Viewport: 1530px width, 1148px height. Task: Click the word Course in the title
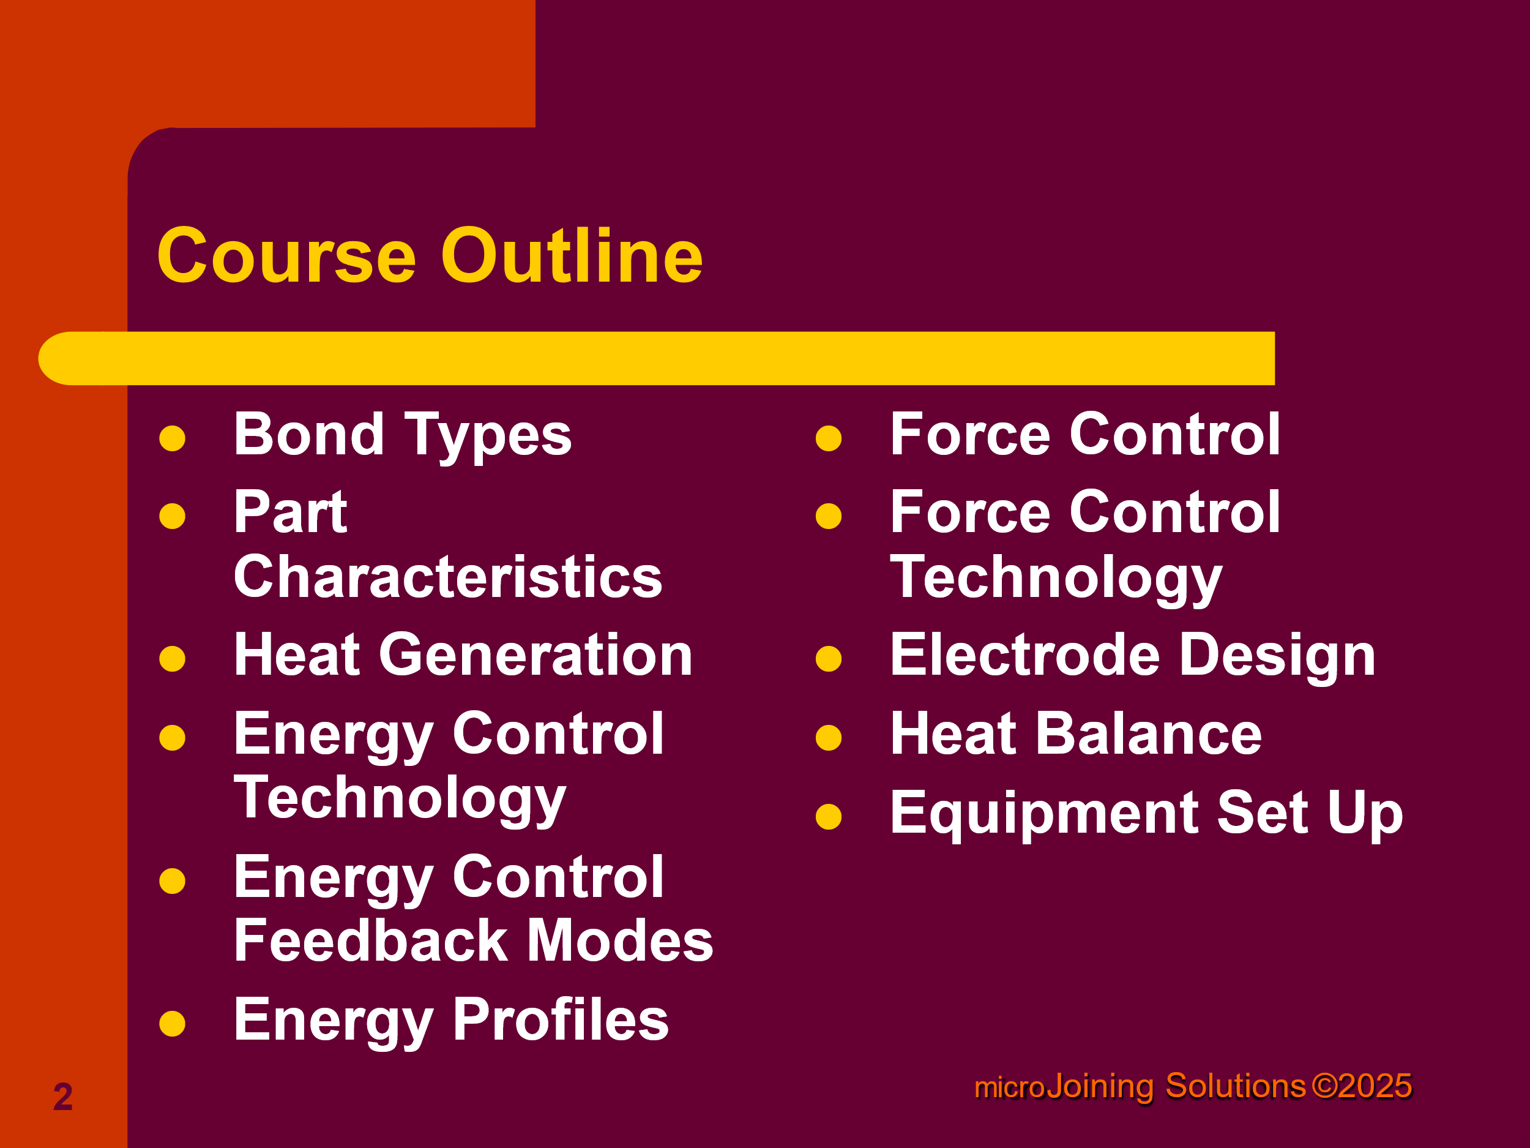[x=287, y=256]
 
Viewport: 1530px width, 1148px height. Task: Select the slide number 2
[x=63, y=1097]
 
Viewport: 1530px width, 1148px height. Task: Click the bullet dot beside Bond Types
[x=172, y=438]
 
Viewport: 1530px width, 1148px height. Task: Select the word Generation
[x=535, y=655]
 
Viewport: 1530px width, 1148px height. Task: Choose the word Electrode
[x=1025, y=655]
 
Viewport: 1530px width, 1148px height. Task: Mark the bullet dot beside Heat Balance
[x=829, y=738]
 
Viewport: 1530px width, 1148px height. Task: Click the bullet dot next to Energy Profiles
[x=172, y=1024]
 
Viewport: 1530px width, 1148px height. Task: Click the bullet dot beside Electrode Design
[x=829, y=659]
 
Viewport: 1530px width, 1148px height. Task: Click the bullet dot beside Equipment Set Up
[x=829, y=817]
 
